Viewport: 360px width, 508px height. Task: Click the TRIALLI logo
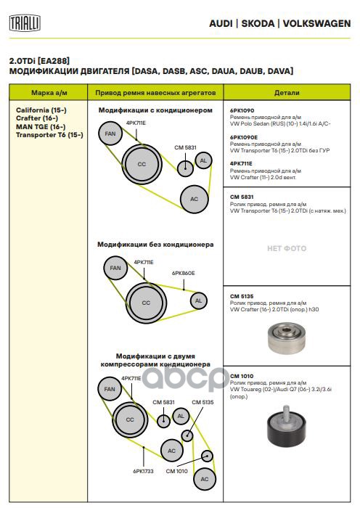(25, 23)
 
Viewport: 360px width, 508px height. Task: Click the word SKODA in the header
(258, 24)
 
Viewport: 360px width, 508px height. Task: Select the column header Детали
(287, 93)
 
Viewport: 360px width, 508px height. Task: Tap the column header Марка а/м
(49, 93)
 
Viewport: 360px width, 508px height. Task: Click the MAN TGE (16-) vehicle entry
(41, 127)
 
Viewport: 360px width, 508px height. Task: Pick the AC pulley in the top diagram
(194, 199)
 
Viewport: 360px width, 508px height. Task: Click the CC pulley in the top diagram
(142, 164)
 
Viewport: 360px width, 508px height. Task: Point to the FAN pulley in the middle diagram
(115, 268)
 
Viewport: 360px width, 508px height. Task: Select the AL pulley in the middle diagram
(198, 300)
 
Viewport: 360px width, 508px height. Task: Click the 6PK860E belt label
(184, 273)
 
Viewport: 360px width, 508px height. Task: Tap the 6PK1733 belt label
(143, 471)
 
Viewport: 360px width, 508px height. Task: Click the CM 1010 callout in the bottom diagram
(176, 471)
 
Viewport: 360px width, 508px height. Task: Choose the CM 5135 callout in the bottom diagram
(202, 402)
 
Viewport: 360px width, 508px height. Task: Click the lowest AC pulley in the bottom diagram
(205, 479)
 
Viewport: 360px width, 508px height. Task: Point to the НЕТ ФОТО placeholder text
(287, 248)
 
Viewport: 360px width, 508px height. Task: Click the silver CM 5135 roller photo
(287, 338)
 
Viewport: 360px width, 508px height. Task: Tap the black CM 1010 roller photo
(287, 426)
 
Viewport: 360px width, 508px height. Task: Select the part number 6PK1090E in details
(244, 137)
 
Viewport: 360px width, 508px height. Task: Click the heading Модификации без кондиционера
(155, 245)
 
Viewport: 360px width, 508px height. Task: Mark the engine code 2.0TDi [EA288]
(39, 61)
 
